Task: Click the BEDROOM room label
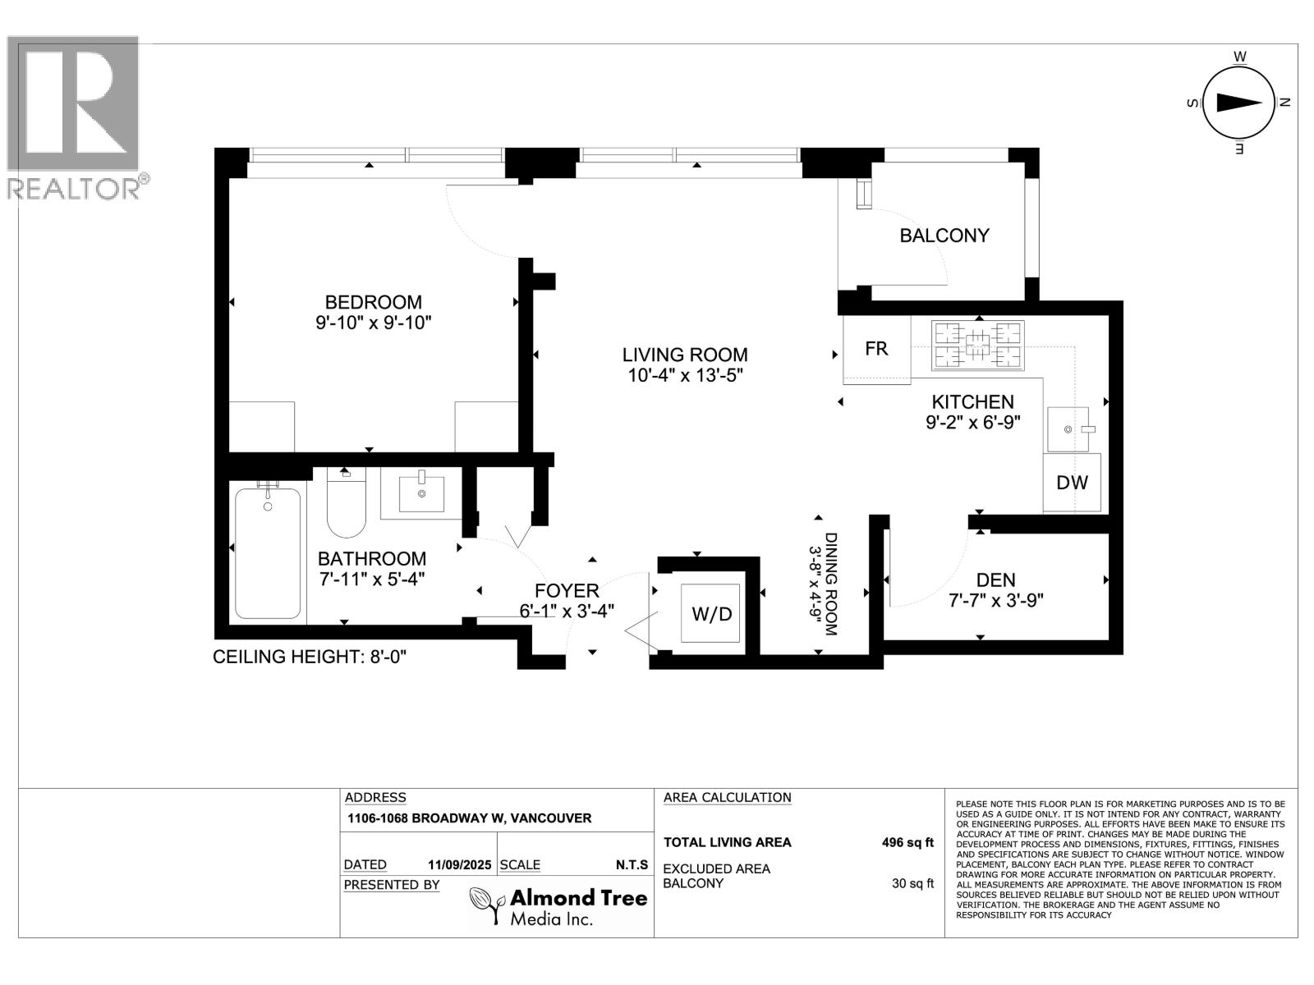pyautogui.click(x=373, y=302)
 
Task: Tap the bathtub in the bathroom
pyautogui.click(x=268, y=553)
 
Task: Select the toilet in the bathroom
pyautogui.click(x=346, y=502)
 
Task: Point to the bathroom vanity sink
pyautogui.click(x=421, y=493)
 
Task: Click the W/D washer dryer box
pyautogui.click(x=710, y=614)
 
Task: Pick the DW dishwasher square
pyautogui.click(x=1072, y=483)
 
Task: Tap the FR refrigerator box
pyautogui.click(x=876, y=349)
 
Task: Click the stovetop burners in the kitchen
pyautogui.click(x=977, y=345)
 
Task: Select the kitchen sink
pyautogui.click(x=1068, y=429)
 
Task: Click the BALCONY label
pyautogui.click(x=944, y=236)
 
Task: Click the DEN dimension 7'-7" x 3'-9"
pyautogui.click(x=996, y=601)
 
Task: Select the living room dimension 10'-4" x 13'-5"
pyautogui.click(x=685, y=376)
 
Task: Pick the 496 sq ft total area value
pyautogui.click(x=907, y=843)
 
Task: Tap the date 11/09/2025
pyautogui.click(x=459, y=865)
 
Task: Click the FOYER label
pyautogui.click(x=567, y=591)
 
